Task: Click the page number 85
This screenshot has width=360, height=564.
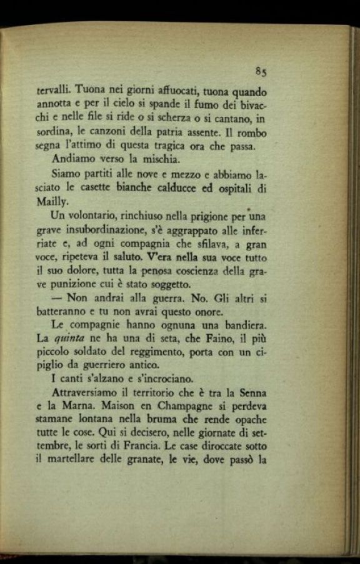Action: pyautogui.click(x=261, y=71)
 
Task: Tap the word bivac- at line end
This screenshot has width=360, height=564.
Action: pyautogui.click(x=250, y=104)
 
